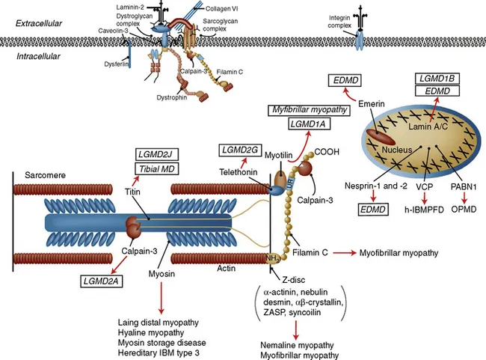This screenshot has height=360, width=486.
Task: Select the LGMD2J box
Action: (x=156, y=154)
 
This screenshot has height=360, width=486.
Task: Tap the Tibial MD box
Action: (x=156, y=169)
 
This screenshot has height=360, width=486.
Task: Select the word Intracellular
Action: (x=39, y=56)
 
